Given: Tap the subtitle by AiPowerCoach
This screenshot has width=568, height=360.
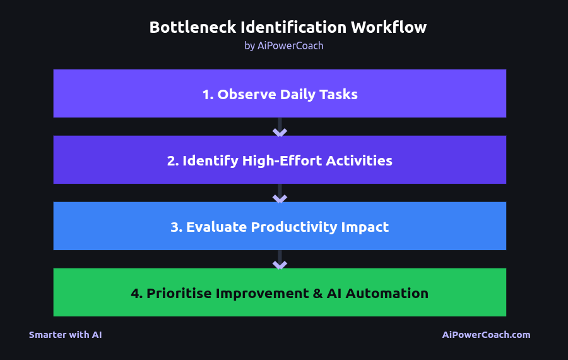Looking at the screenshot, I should [284, 45].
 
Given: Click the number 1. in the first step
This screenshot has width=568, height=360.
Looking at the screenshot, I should [208, 95].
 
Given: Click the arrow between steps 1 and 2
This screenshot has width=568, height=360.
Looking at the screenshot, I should [280, 131].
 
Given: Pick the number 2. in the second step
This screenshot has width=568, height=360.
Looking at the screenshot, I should [173, 161].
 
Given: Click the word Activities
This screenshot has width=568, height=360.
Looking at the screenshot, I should [359, 161].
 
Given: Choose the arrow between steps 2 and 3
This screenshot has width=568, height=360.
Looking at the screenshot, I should [280, 198].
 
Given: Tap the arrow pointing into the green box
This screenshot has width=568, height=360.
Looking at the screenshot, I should [280, 264].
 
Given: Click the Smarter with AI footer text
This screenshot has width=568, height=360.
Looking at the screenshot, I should [65, 335].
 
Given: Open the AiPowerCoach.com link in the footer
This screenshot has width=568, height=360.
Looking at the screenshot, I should [486, 335].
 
